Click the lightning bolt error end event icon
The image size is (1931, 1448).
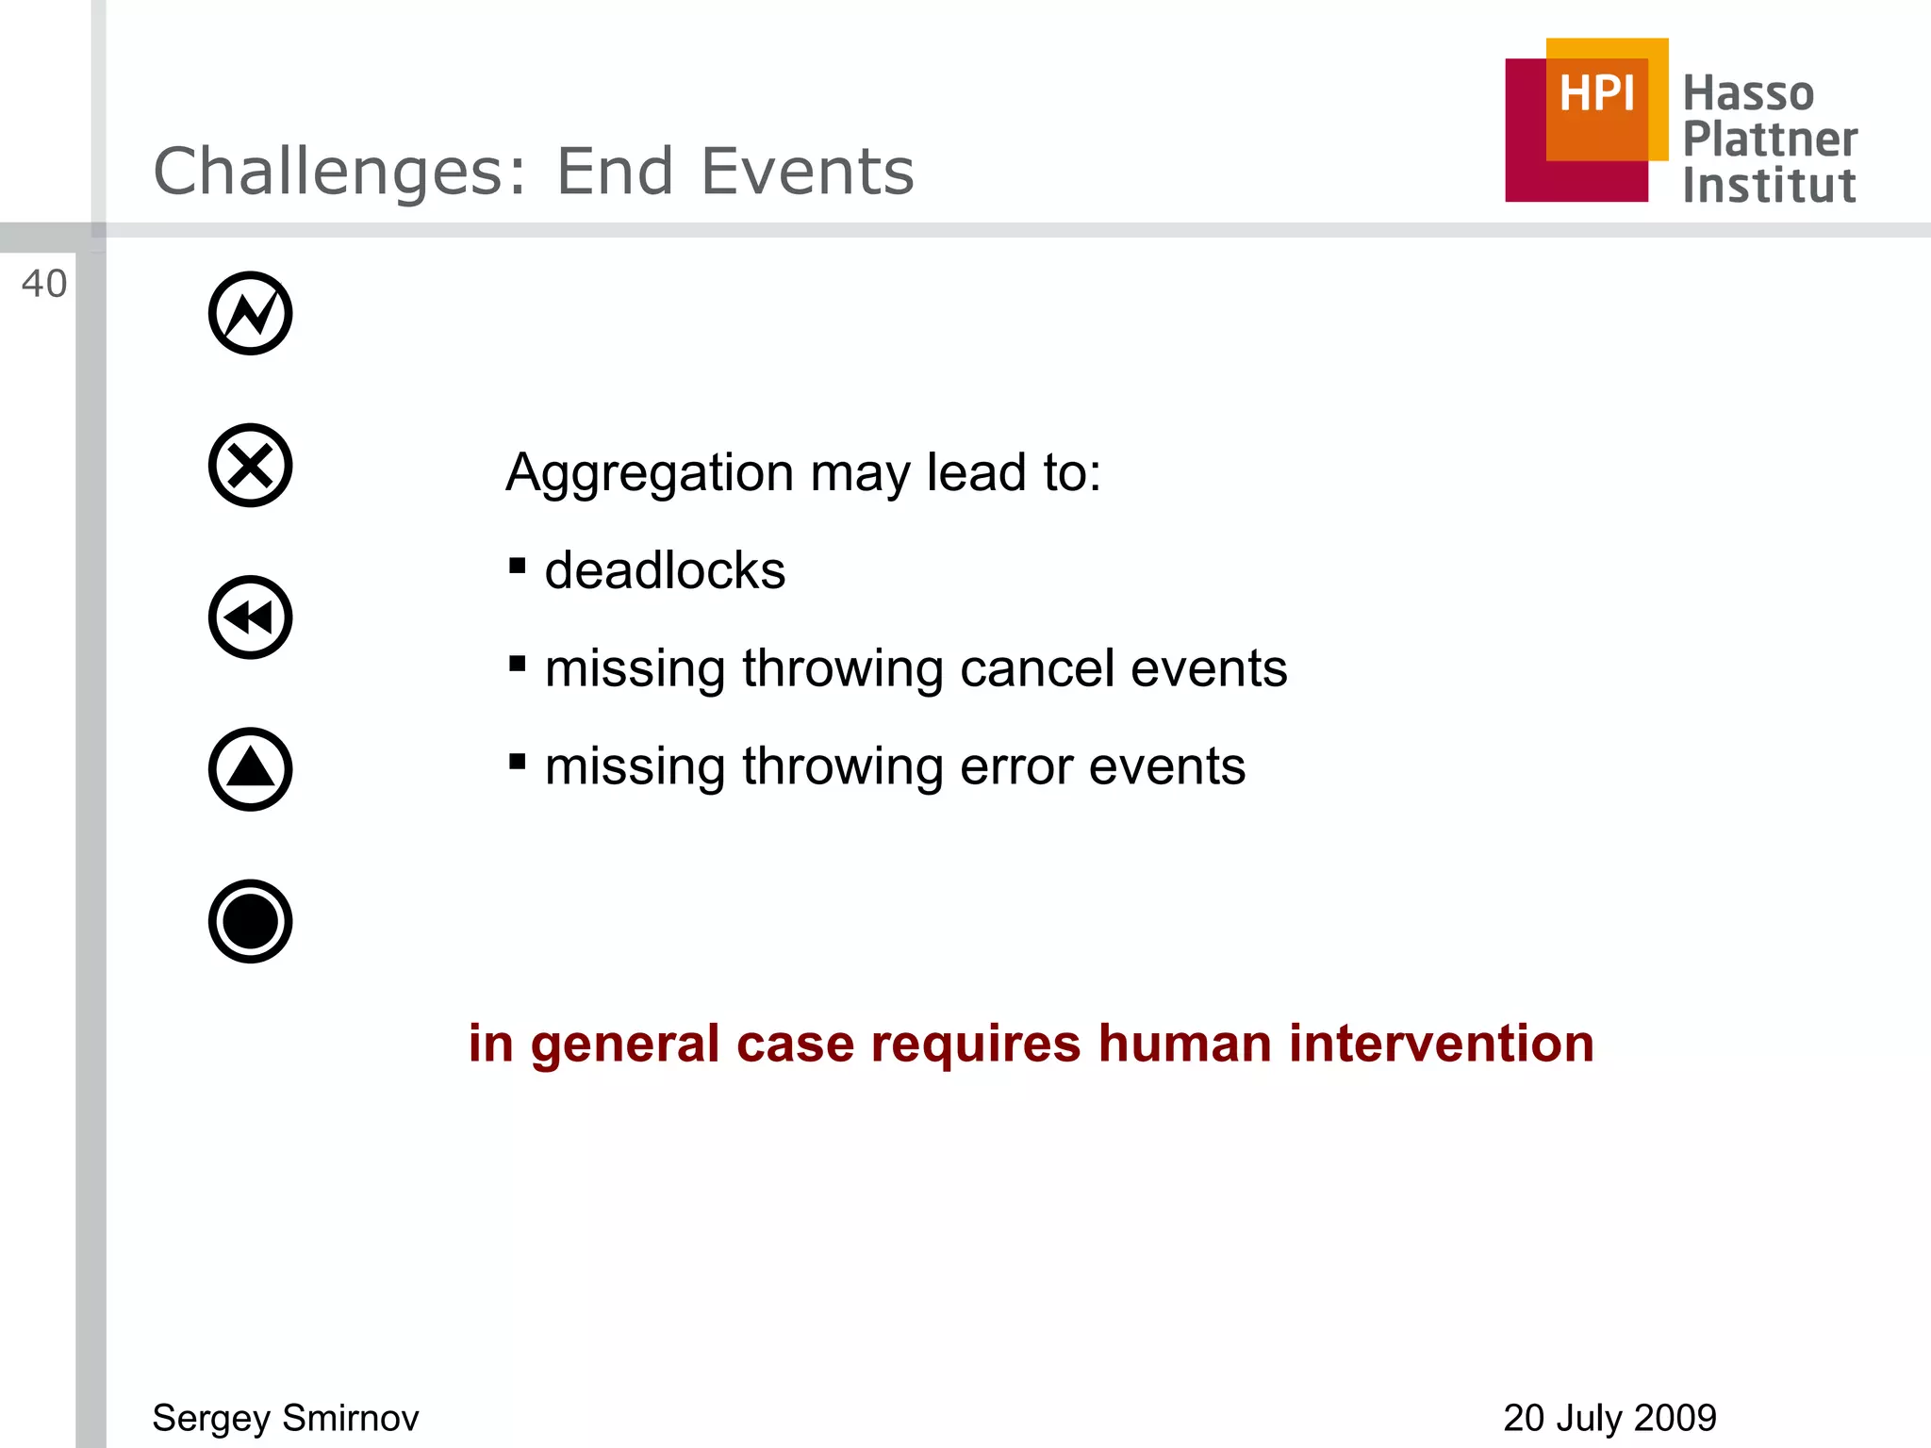pyautogui.click(x=250, y=313)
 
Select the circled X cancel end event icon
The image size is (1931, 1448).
pyautogui.click(x=250, y=466)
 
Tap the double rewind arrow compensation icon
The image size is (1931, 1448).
pyautogui.click(x=250, y=617)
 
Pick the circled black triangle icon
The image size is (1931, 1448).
pyautogui.click(x=250, y=769)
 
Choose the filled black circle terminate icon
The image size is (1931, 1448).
pyautogui.click(x=250, y=921)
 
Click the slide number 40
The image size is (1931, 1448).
pyautogui.click(x=43, y=284)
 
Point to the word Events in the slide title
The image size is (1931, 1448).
pyautogui.click(x=807, y=172)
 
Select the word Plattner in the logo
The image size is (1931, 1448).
pyautogui.click(x=1770, y=140)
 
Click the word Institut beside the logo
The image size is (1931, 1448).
pyautogui.click(x=1769, y=186)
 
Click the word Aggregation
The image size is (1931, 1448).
pyautogui.click(x=650, y=472)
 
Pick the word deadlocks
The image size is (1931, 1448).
pyautogui.click(x=665, y=570)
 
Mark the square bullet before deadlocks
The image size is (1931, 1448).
pyautogui.click(x=517, y=566)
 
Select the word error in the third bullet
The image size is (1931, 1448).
pyautogui.click(x=1016, y=766)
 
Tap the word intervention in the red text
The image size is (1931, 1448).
pyautogui.click(x=1441, y=1044)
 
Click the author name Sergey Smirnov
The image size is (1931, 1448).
pyautogui.click(x=286, y=1418)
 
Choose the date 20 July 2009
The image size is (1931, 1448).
pyautogui.click(x=1609, y=1418)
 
